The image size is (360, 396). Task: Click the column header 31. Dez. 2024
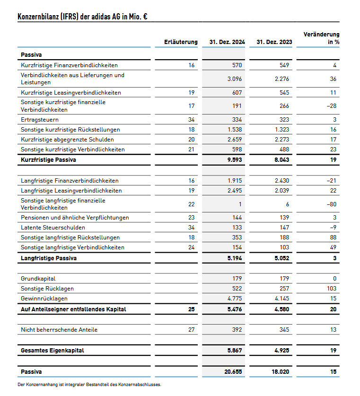tap(227, 42)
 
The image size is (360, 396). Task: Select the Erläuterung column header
tap(181, 42)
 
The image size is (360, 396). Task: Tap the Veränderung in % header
tap(321, 38)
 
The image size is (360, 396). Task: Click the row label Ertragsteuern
tap(40, 120)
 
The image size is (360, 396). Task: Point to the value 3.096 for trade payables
tap(235, 79)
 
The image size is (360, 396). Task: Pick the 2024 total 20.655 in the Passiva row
tap(233, 372)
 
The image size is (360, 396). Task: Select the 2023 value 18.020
tap(281, 372)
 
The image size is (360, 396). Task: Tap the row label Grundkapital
tap(38, 279)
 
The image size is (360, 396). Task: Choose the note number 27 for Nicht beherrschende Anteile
tap(191, 329)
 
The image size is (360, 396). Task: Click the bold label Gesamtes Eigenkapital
tap(53, 351)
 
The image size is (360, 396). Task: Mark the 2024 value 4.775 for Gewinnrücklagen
tap(235, 299)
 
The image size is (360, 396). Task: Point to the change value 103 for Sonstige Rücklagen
tap(332, 289)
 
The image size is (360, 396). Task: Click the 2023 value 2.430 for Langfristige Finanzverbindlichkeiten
tap(282, 181)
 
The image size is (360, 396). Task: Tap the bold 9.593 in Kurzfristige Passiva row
tap(234, 160)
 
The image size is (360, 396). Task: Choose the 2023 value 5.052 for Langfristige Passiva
tap(281, 258)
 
